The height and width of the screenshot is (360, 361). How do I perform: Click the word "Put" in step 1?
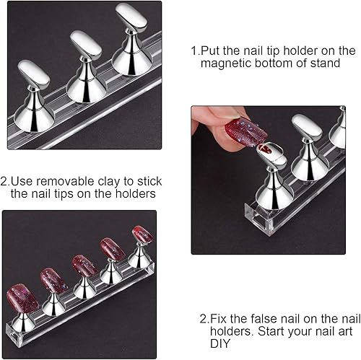(214, 51)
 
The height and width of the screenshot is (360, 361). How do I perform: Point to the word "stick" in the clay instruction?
(147, 180)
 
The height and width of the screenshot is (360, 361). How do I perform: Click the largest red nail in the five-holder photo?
(24, 297)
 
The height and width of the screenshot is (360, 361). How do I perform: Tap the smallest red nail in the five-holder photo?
(142, 234)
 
